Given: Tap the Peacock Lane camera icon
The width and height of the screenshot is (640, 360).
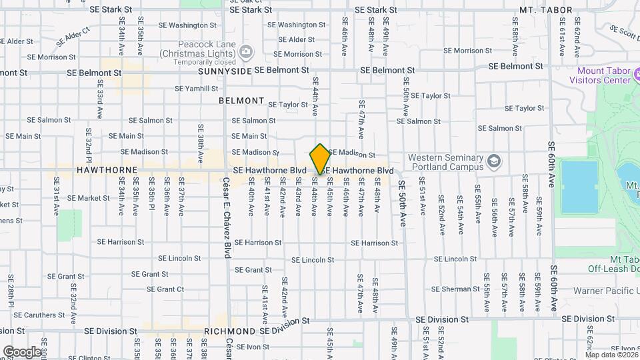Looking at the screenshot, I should pyautogui.click(x=246, y=51).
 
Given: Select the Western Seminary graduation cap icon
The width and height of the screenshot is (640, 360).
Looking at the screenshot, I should pyautogui.click(x=493, y=161).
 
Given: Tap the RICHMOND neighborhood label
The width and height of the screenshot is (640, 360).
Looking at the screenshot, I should pyautogui.click(x=230, y=331).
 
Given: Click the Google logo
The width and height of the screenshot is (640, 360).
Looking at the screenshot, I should pyautogui.click(x=21, y=351).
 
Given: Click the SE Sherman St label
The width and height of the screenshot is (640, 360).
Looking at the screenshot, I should pyautogui.click(x=455, y=289).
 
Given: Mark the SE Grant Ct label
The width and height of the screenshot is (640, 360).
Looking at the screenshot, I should pyautogui.click(x=165, y=289).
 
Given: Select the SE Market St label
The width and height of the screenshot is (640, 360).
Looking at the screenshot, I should pyautogui.click(x=88, y=198).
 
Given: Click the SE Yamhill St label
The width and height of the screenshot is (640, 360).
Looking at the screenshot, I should pyautogui.click(x=197, y=88).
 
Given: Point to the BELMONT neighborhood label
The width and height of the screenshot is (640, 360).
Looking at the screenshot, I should pyautogui.click(x=241, y=101).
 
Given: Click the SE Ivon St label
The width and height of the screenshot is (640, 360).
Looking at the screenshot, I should pyautogui.click(x=247, y=347).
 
